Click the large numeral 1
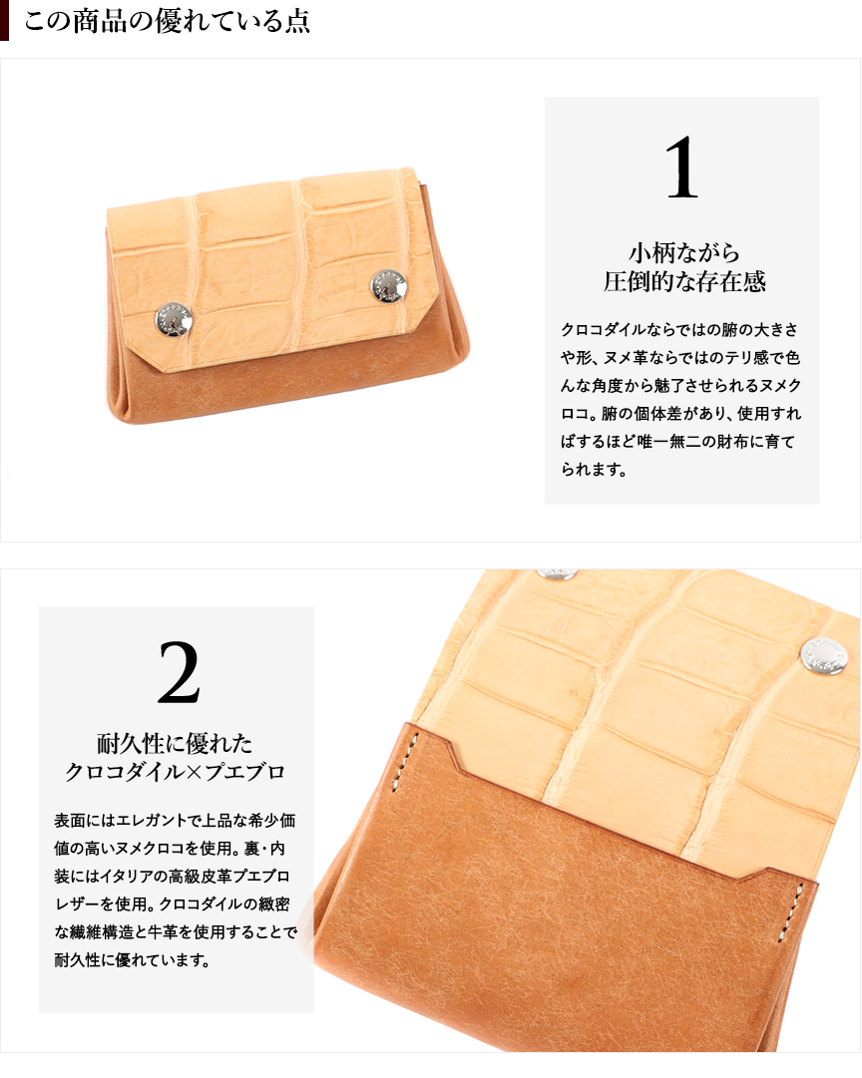[x=681, y=168]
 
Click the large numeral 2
[x=179, y=672]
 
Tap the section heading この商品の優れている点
[x=168, y=20]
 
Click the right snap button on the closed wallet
[x=389, y=286]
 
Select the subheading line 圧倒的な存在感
[x=684, y=281]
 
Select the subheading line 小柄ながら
[x=683, y=253]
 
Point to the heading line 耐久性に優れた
[x=175, y=743]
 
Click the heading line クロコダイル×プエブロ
[x=175, y=772]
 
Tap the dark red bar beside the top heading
[x=4, y=20]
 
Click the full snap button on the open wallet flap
[x=824, y=656]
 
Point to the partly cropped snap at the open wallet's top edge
[x=558, y=573]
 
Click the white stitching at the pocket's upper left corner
[x=406, y=762]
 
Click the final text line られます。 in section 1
[x=594, y=470]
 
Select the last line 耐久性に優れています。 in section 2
[x=132, y=959]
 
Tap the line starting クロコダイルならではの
[x=679, y=330]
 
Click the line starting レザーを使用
[x=172, y=904]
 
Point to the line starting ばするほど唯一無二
[x=677, y=442]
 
